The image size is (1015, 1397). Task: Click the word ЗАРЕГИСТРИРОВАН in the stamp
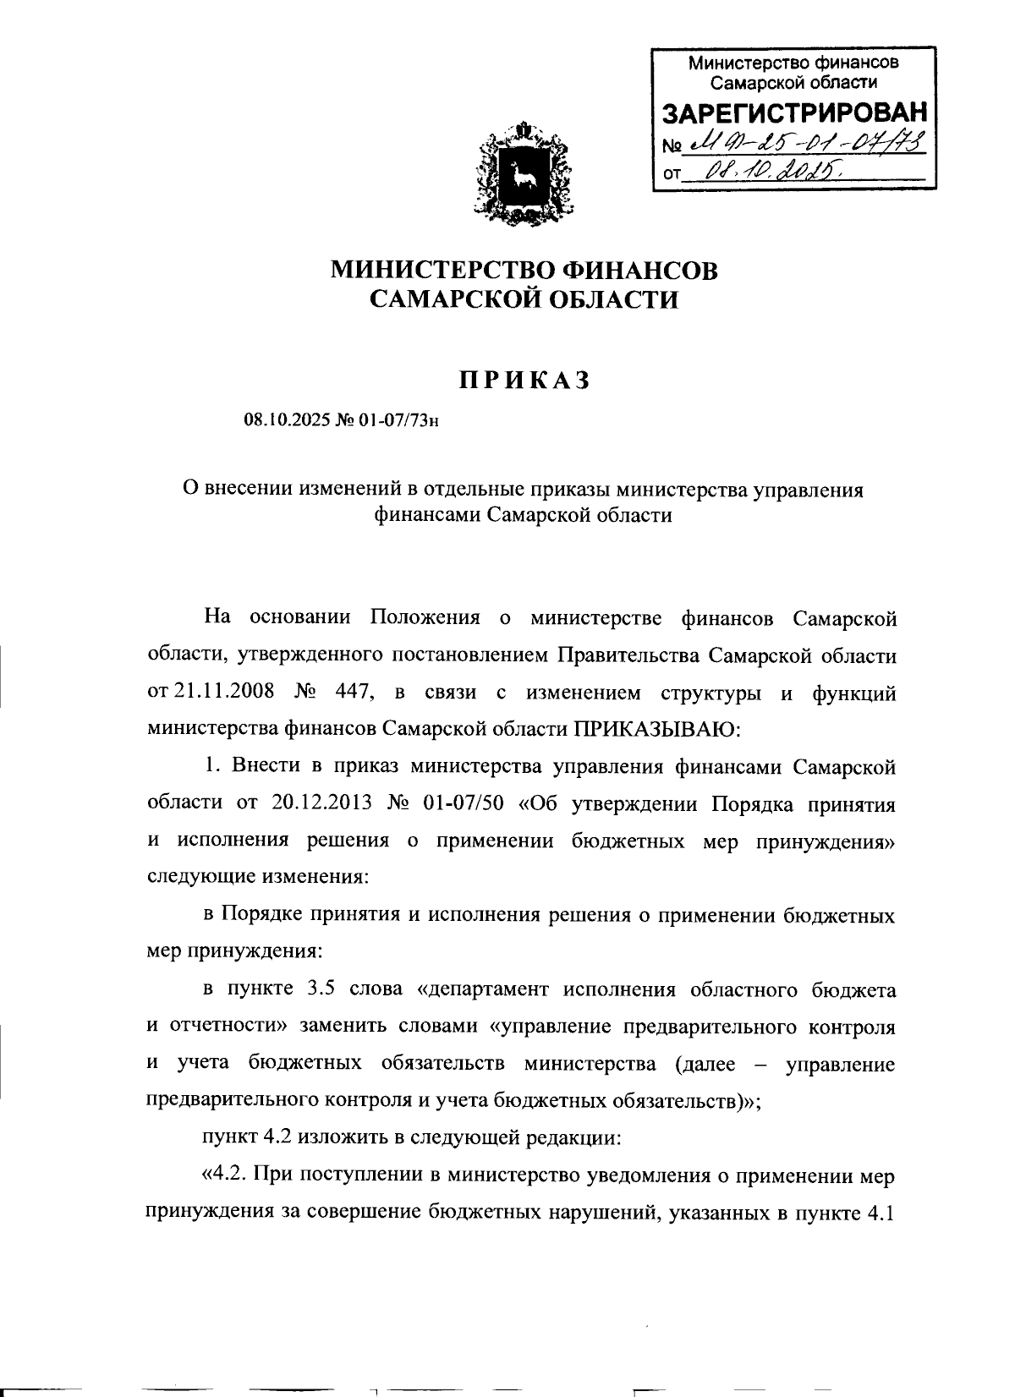point(793,114)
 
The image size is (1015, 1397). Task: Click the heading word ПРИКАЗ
point(524,381)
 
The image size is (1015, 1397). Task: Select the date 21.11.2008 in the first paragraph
point(223,692)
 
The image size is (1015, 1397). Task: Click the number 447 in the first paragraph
point(354,692)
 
